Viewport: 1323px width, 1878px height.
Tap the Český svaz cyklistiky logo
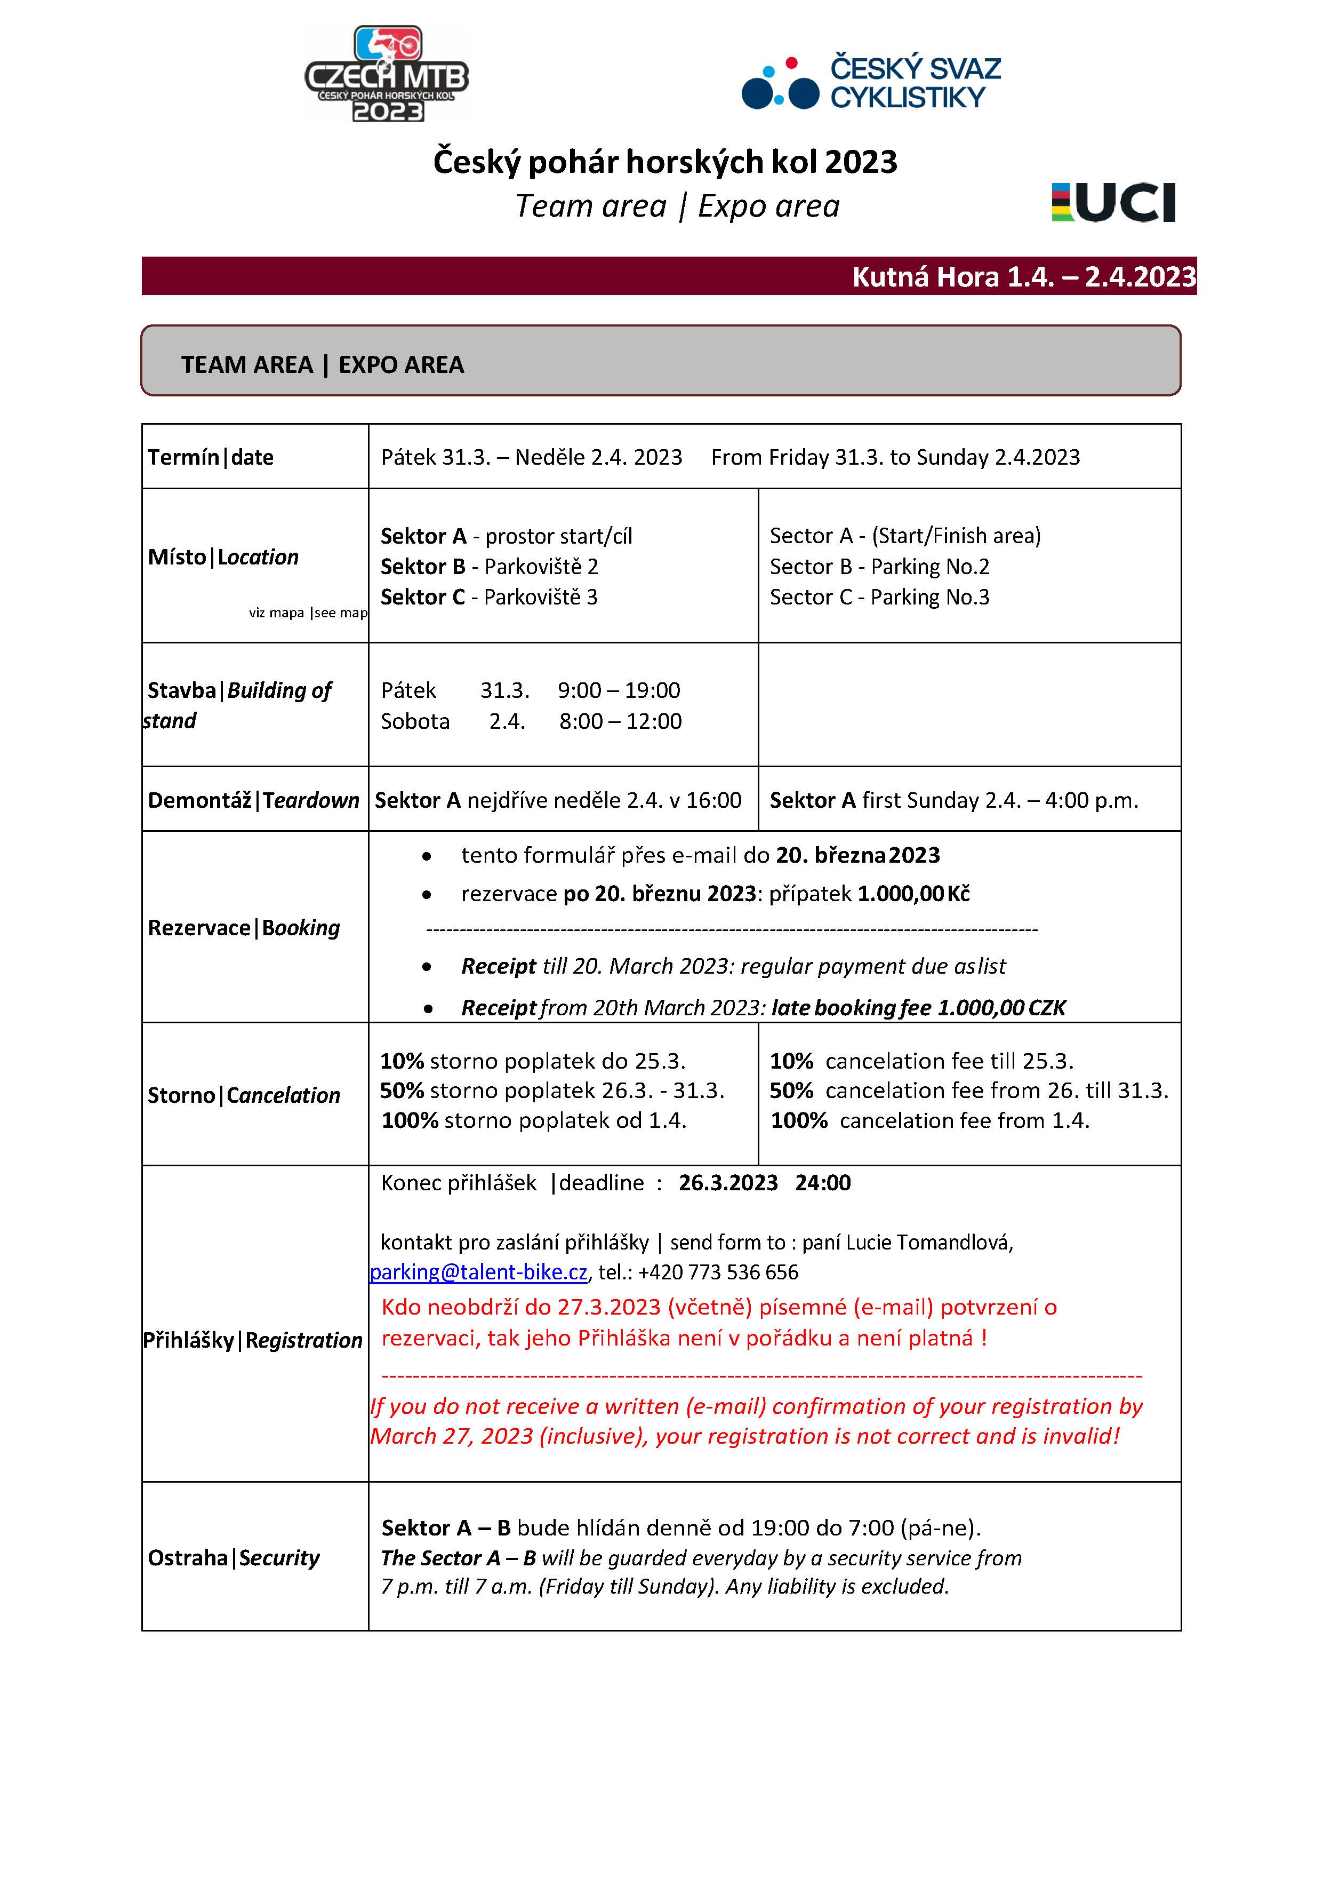pos(871,82)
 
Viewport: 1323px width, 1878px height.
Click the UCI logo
pos(1113,202)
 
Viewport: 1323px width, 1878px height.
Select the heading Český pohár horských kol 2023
pos(665,162)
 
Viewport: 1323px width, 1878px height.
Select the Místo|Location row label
pos(223,557)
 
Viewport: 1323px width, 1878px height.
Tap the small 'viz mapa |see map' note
pos(308,612)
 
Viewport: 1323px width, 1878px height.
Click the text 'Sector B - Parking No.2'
pos(879,566)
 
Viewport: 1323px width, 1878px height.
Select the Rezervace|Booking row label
pos(244,928)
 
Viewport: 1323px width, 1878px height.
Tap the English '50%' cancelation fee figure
pos(791,1091)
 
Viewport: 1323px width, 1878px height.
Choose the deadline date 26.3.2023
pos(728,1183)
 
